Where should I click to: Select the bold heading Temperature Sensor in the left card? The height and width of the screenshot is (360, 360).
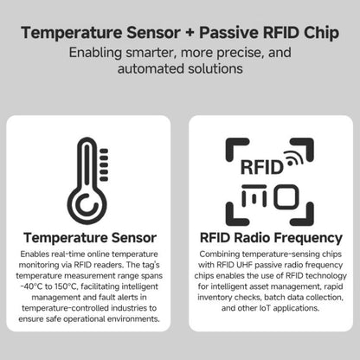tap(90, 237)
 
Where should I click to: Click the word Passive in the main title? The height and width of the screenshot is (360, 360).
tap(233, 34)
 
